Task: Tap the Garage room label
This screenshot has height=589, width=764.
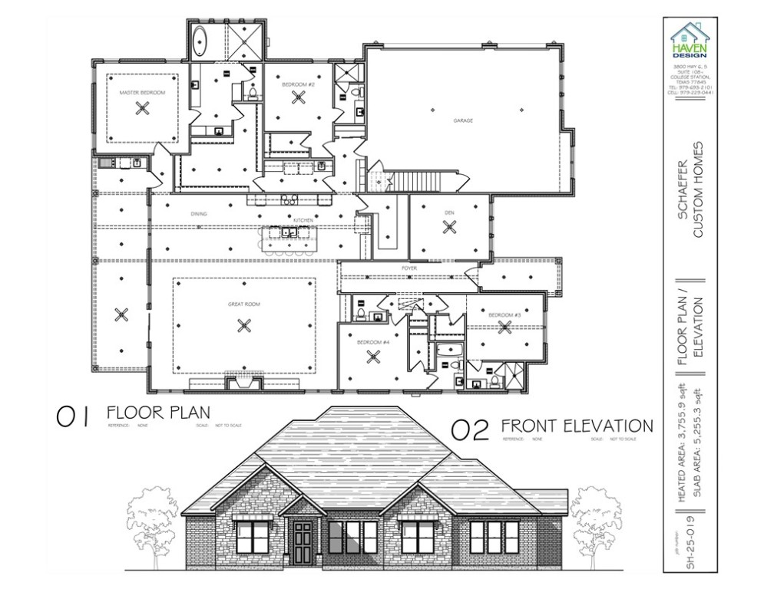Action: click(x=462, y=120)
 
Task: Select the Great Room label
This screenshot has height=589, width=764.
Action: click(x=244, y=304)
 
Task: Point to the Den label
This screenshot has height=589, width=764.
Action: click(x=450, y=212)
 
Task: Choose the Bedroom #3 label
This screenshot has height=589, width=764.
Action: click(x=505, y=315)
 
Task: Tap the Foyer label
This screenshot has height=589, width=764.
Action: click(x=408, y=268)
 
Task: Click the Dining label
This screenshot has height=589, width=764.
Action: click(x=199, y=214)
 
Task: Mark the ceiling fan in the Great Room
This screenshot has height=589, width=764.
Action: click(x=244, y=325)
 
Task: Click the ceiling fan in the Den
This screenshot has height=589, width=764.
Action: click(x=450, y=227)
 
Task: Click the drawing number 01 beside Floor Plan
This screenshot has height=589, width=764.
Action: click(x=72, y=416)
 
